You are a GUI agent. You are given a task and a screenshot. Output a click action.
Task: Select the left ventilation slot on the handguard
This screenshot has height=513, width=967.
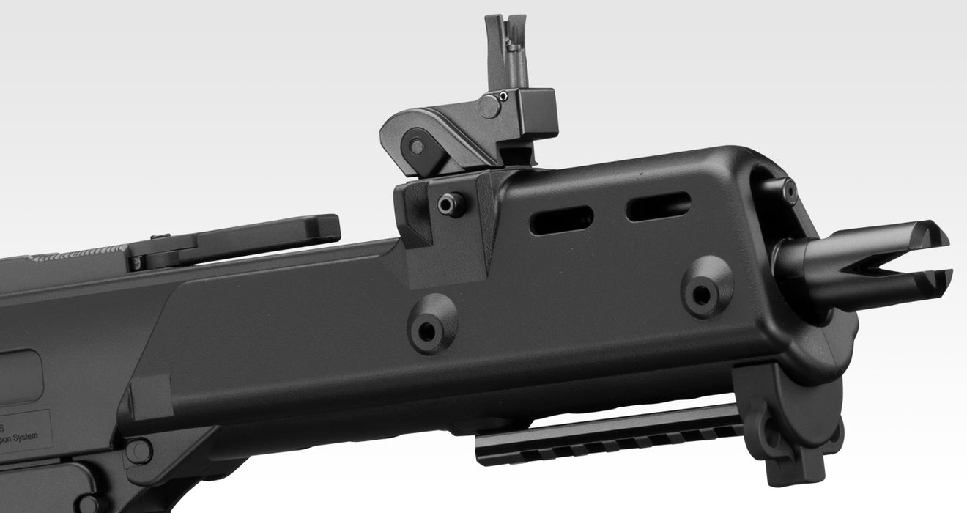pos(561,220)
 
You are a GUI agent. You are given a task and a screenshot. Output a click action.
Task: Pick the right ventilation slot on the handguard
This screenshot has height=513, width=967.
pos(658,206)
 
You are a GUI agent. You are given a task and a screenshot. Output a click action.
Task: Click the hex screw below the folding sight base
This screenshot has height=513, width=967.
pos(451,204)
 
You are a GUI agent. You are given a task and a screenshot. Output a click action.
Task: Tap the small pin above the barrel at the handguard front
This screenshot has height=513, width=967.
pos(788,192)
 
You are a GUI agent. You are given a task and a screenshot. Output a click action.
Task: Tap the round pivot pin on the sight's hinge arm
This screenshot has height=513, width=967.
pos(417,146)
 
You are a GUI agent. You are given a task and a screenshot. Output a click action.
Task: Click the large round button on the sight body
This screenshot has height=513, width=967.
pos(489,106)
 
